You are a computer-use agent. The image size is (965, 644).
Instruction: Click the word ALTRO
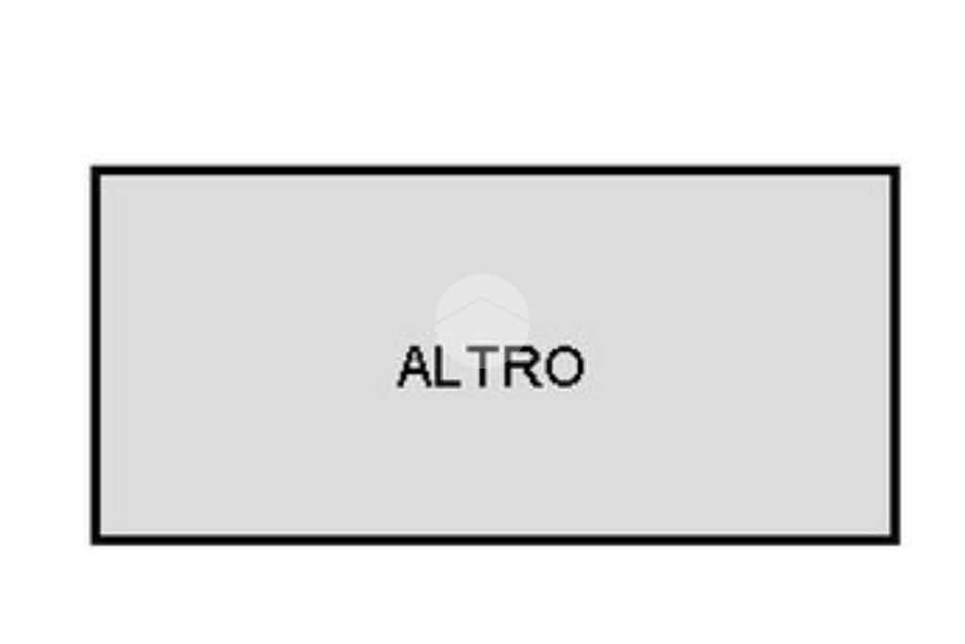[490, 367]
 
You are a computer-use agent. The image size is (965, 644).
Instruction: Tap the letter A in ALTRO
[416, 367]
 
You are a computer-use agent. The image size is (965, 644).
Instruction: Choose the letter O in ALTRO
[564, 367]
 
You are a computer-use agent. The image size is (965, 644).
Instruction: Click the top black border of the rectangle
[496, 170]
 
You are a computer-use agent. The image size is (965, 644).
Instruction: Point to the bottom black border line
[496, 540]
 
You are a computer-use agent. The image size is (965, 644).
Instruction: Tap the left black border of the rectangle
[95, 355]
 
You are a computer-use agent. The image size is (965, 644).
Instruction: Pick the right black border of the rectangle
[895, 355]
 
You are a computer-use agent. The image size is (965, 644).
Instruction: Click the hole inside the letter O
[564, 367]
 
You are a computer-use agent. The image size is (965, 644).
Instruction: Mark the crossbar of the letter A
[416, 374]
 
